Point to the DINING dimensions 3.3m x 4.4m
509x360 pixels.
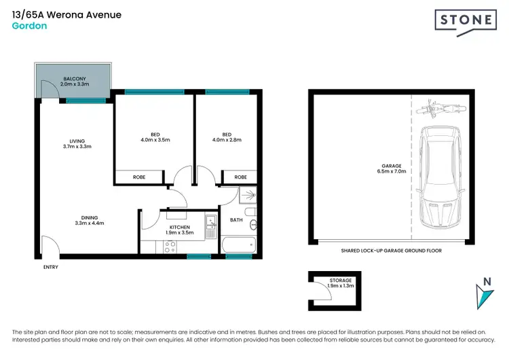[x=90, y=223]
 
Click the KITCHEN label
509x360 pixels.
[x=180, y=229]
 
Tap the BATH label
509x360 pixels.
[x=236, y=219]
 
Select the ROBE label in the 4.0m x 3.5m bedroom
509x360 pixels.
[x=139, y=177]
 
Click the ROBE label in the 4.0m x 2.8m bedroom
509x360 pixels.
[x=240, y=177]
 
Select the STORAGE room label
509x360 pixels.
[x=341, y=283]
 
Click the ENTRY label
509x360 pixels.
[x=50, y=267]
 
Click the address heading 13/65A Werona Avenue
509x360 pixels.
[x=67, y=14]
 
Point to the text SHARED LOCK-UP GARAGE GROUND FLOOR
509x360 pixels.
[x=391, y=251]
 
